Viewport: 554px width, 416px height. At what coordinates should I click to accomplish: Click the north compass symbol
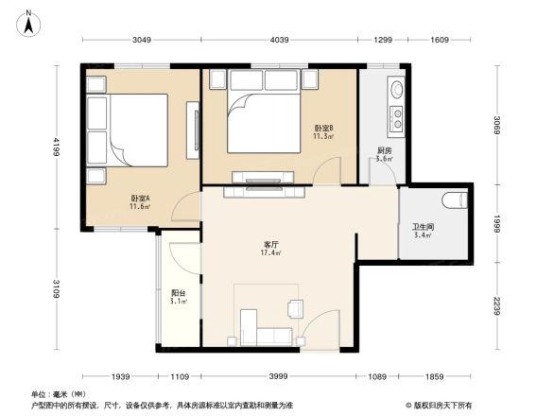click(x=29, y=21)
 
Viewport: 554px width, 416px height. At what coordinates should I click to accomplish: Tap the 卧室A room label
click(x=140, y=201)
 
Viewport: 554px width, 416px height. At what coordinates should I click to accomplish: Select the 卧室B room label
click(x=323, y=130)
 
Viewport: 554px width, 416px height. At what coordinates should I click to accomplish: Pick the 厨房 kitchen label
click(x=384, y=153)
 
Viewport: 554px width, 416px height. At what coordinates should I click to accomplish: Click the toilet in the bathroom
click(x=456, y=200)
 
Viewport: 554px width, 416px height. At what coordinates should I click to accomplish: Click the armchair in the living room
click(x=295, y=308)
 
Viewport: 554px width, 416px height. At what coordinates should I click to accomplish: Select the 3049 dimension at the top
click(x=142, y=40)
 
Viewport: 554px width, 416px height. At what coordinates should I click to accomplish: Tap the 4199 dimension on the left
click(x=57, y=147)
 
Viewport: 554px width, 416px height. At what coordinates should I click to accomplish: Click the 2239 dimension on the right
click(x=496, y=308)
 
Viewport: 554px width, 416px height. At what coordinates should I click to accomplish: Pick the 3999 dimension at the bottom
click(x=277, y=377)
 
